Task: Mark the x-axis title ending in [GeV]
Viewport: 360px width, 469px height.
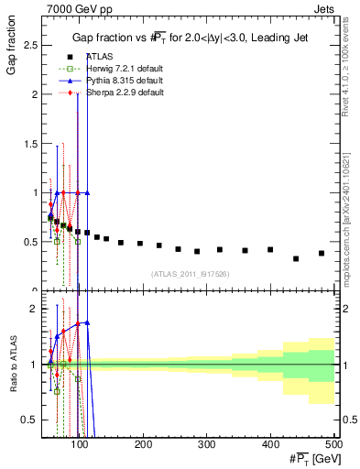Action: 310,459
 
